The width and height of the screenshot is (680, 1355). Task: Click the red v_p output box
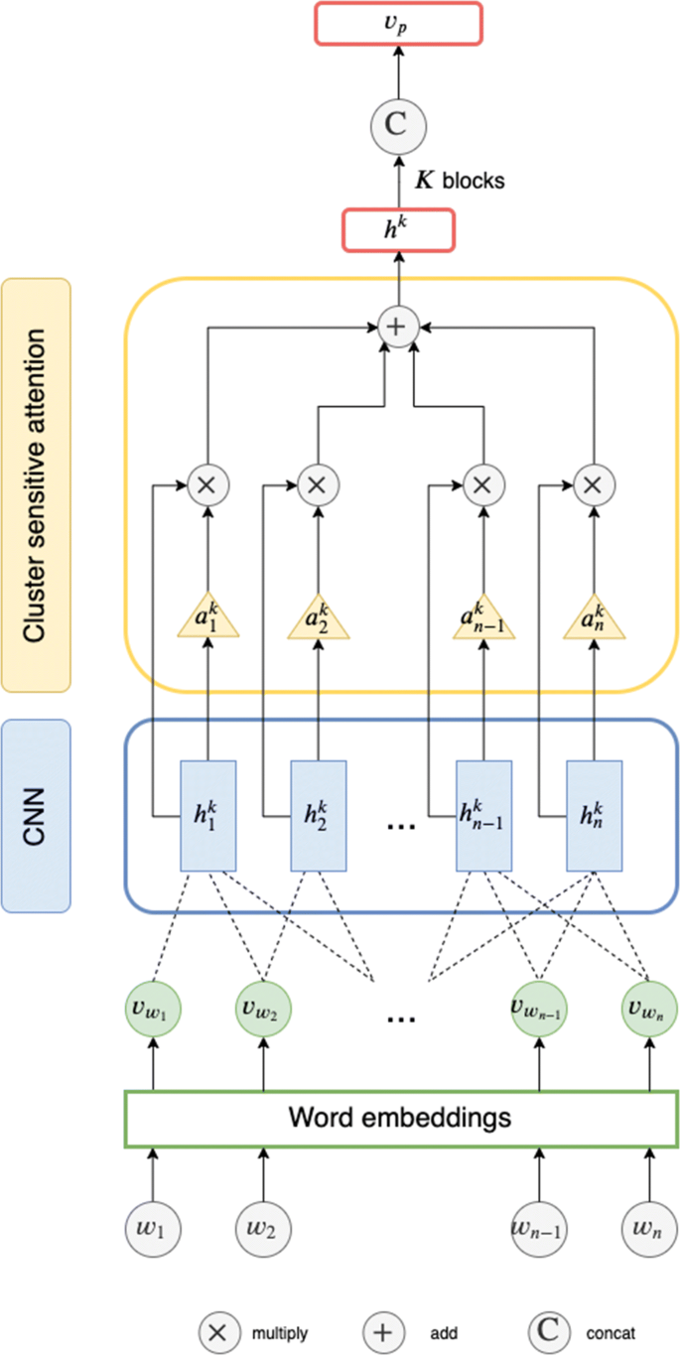pyautogui.click(x=398, y=24)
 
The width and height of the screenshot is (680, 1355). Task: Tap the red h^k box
pyautogui.click(x=398, y=228)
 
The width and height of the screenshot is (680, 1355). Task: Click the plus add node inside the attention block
pyautogui.click(x=398, y=328)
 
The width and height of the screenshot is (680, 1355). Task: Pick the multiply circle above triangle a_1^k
pyautogui.click(x=207, y=485)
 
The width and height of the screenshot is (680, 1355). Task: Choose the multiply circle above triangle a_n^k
pyautogui.click(x=593, y=485)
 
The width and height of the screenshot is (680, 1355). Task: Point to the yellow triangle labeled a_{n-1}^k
pyautogui.click(x=482, y=620)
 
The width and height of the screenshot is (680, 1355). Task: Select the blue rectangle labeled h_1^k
pyautogui.click(x=207, y=816)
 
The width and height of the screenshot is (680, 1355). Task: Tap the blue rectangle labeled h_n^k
pyautogui.click(x=593, y=816)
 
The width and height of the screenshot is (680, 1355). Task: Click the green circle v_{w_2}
pyautogui.click(x=263, y=1010)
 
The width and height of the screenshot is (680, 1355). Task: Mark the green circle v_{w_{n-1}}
pyautogui.click(x=539, y=1010)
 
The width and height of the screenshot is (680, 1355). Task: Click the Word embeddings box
pyautogui.click(x=400, y=1119)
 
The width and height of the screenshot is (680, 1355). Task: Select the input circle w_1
pyautogui.click(x=152, y=1228)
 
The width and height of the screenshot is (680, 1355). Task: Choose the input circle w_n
pyautogui.click(x=649, y=1228)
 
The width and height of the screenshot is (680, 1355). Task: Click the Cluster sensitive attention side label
pyautogui.click(x=36, y=484)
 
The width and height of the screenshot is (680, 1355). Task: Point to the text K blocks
pyautogui.click(x=459, y=181)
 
